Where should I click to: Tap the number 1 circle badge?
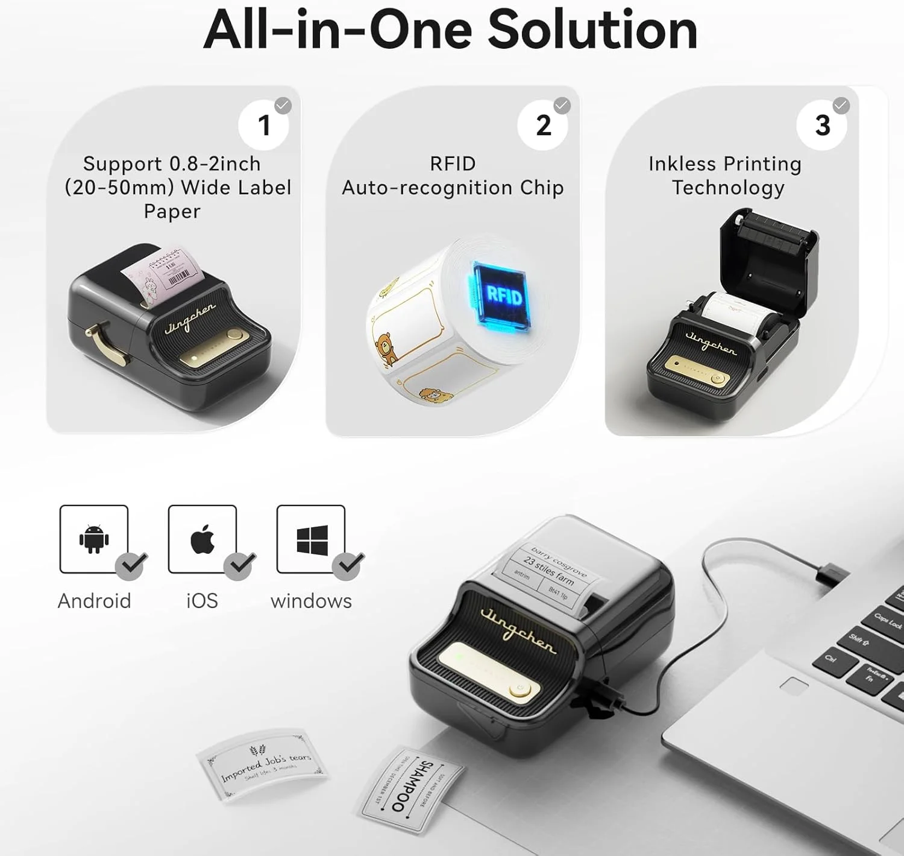click(264, 125)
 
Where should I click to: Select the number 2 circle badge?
click(543, 125)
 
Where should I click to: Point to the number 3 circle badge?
click(822, 125)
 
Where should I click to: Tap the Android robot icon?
click(94, 539)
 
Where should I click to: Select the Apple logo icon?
click(202, 539)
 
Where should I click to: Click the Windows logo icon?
click(312, 539)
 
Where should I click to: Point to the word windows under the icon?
click(311, 601)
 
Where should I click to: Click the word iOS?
click(202, 601)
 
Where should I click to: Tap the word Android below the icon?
click(94, 601)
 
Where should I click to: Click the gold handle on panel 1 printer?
click(106, 343)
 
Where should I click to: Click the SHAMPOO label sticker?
click(412, 788)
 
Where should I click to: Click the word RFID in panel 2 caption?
click(453, 163)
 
